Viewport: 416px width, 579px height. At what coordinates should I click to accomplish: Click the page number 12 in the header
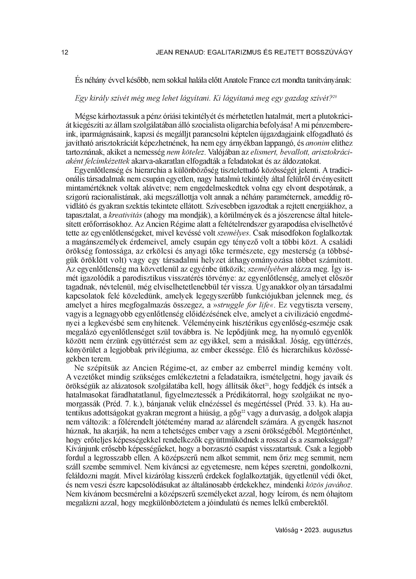point(65,53)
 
